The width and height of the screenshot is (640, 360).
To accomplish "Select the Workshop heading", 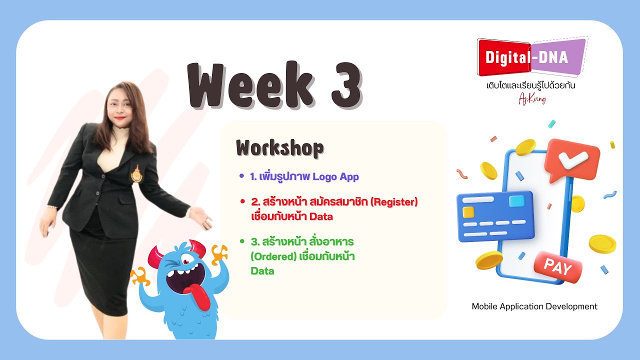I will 279,148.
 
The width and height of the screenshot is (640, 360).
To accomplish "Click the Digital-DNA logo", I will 531,57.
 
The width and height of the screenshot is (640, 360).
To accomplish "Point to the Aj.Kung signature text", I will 532,99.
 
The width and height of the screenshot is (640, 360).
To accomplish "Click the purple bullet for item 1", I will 241,176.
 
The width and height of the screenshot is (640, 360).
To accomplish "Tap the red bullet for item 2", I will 241,202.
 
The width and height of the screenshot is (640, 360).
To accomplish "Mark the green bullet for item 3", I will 241,241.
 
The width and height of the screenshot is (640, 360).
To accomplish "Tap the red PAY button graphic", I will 557,267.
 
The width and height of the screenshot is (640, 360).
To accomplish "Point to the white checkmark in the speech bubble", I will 566,159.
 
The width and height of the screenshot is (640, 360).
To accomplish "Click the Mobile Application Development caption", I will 534,306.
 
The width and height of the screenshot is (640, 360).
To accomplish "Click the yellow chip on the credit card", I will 468,212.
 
